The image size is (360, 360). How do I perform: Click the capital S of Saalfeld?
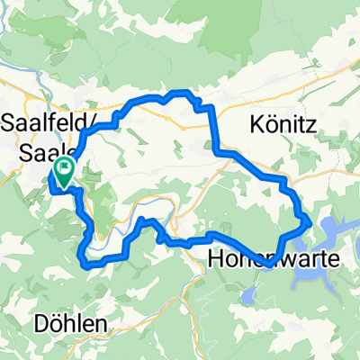click(x=12, y=120)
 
